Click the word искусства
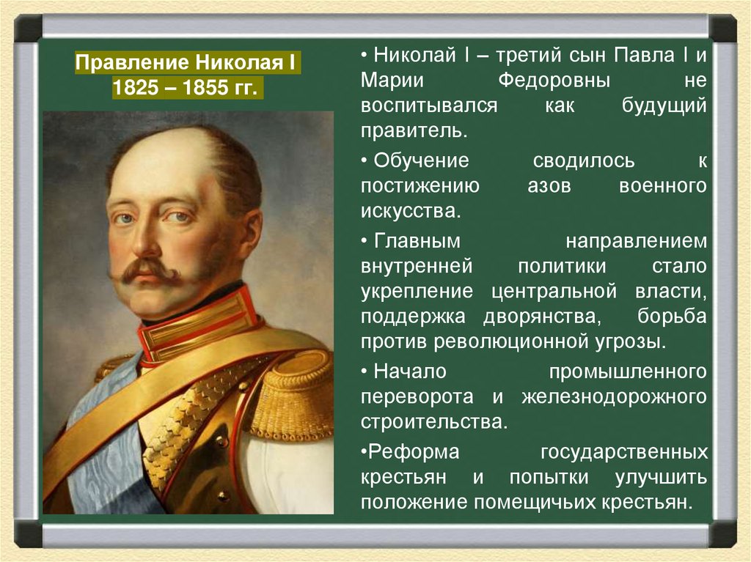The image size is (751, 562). pyautogui.click(x=411, y=212)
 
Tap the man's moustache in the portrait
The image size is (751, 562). pyautogui.click(x=145, y=270)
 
